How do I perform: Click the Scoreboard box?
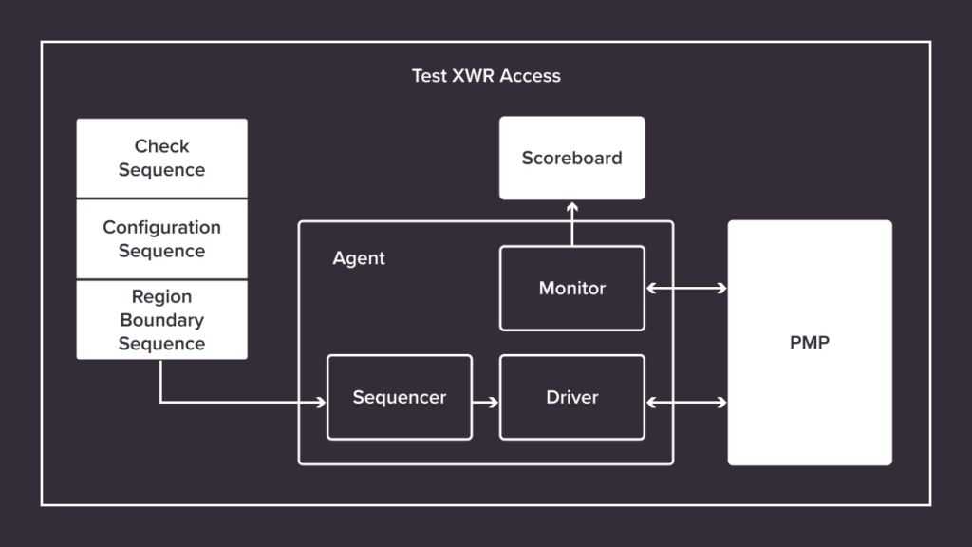pos(571,158)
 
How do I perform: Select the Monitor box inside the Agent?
pos(571,288)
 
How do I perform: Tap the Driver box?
pos(571,397)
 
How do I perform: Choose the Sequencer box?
pos(399,397)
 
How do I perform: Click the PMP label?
pos(809,342)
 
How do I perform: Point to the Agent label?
pos(359,258)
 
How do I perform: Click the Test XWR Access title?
pos(486,76)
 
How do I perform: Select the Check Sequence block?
pos(161,158)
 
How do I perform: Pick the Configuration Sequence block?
pos(161,238)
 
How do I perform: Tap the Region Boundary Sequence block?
pos(161,320)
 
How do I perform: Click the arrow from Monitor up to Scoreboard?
pos(572,222)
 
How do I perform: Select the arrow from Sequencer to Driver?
pos(485,403)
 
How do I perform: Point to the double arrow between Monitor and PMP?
pos(686,288)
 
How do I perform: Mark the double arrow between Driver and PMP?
pos(686,403)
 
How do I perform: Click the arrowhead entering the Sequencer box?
pos(321,403)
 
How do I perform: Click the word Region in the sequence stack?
pos(161,296)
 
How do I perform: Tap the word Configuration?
pos(161,227)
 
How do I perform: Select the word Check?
pos(161,146)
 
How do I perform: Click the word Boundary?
pos(161,320)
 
